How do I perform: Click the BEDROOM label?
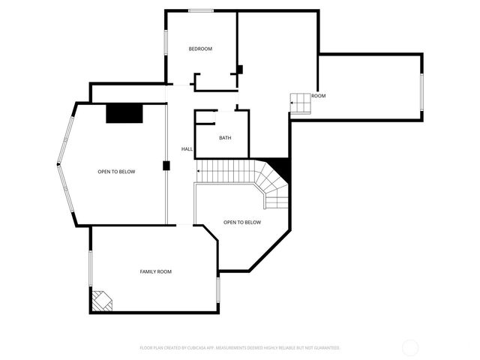click(200, 49)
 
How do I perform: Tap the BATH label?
click(225, 138)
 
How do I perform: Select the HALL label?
click(187, 149)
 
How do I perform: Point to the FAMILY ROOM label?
click(156, 271)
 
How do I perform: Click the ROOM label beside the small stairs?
click(319, 96)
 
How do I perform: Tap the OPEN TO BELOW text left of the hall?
click(116, 172)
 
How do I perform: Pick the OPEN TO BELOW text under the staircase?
click(242, 222)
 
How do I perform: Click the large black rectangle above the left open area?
click(124, 113)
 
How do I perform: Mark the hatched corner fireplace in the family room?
click(101, 301)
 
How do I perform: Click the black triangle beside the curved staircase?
click(281, 166)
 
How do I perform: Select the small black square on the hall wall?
click(166, 166)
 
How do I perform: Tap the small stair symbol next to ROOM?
click(300, 103)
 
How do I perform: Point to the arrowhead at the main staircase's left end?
click(198, 172)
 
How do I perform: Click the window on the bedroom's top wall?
click(199, 10)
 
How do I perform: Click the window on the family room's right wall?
click(217, 289)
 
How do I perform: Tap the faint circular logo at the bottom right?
click(410, 348)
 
